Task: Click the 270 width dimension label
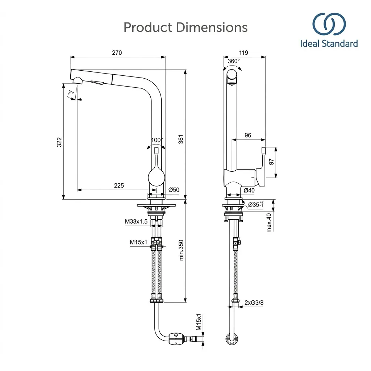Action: [117, 53]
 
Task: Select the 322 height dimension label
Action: [59, 142]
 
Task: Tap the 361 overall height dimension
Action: [181, 139]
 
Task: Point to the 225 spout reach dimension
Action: [119, 185]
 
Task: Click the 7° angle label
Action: [71, 92]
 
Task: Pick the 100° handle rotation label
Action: [157, 140]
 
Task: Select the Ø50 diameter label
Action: [174, 190]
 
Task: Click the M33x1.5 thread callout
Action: [136, 221]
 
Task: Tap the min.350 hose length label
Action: [181, 250]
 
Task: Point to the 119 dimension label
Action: [243, 53]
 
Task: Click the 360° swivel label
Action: [234, 61]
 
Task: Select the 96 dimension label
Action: [248, 135]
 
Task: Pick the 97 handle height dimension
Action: [271, 162]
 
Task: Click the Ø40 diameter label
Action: [249, 190]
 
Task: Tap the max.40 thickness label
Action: [269, 223]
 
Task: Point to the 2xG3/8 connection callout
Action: [254, 303]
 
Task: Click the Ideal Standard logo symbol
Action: [329, 24]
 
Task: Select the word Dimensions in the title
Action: [212, 27]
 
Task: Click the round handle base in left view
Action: [156, 177]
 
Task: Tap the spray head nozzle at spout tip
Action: [78, 81]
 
